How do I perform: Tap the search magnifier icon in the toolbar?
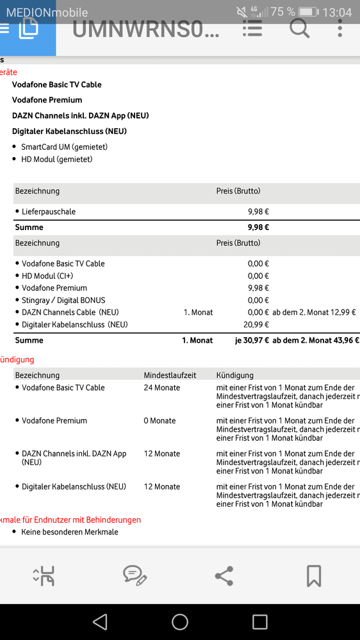pyautogui.click(x=299, y=28)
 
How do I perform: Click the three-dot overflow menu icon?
pyautogui.click(x=340, y=28)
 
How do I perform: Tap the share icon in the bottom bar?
pyautogui.click(x=224, y=575)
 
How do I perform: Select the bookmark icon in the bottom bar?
pyautogui.click(x=313, y=575)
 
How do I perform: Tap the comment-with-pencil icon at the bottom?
pyautogui.click(x=135, y=575)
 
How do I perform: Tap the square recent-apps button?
pyautogui.click(x=259, y=621)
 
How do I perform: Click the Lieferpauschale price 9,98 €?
pyautogui.click(x=258, y=211)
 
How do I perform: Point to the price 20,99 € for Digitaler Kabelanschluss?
pyautogui.click(x=258, y=325)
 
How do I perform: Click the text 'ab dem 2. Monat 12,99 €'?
pyautogui.click(x=314, y=312)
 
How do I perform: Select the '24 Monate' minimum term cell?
pyautogui.click(x=161, y=388)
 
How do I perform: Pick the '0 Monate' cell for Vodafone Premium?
pyautogui.click(x=160, y=421)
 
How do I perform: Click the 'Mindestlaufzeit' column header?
pyautogui.click(x=170, y=375)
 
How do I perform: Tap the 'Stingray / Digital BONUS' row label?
pyautogui.click(x=63, y=300)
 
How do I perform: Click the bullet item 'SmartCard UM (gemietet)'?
pyautogui.click(x=64, y=147)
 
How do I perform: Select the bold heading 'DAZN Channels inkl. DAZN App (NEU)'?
pyautogui.click(x=81, y=115)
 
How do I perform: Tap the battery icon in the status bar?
pyautogui.click(x=308, y=12)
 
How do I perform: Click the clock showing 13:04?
pyautogui.click(x=337, y=12)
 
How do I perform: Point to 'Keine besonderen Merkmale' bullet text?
pyautogui.click(x=70, y=532)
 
